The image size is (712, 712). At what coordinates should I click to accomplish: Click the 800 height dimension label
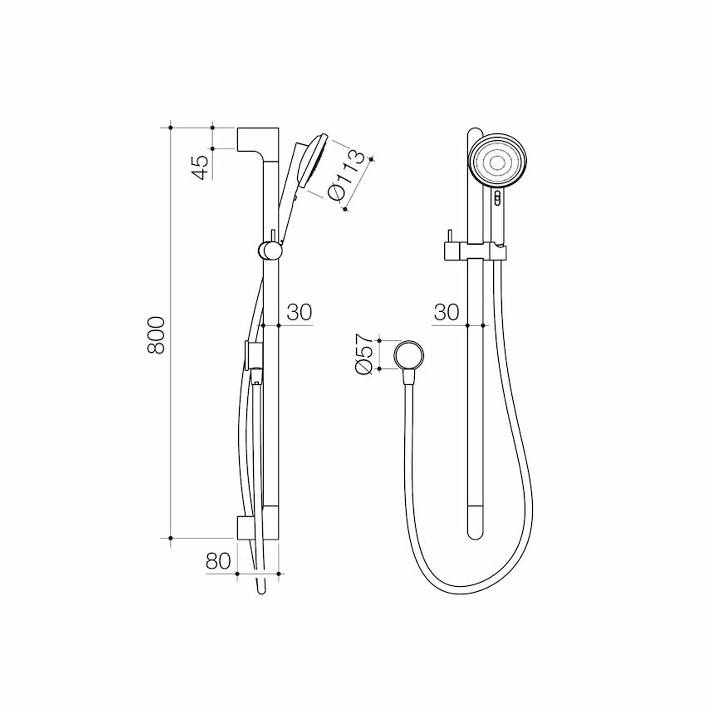[x=156, y=335]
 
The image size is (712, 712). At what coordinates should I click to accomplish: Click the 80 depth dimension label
[x=218, y=561]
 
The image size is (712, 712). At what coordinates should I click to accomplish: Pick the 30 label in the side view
[x=299, y=312]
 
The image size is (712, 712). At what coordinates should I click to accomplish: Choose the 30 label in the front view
[x=446, y=312]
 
